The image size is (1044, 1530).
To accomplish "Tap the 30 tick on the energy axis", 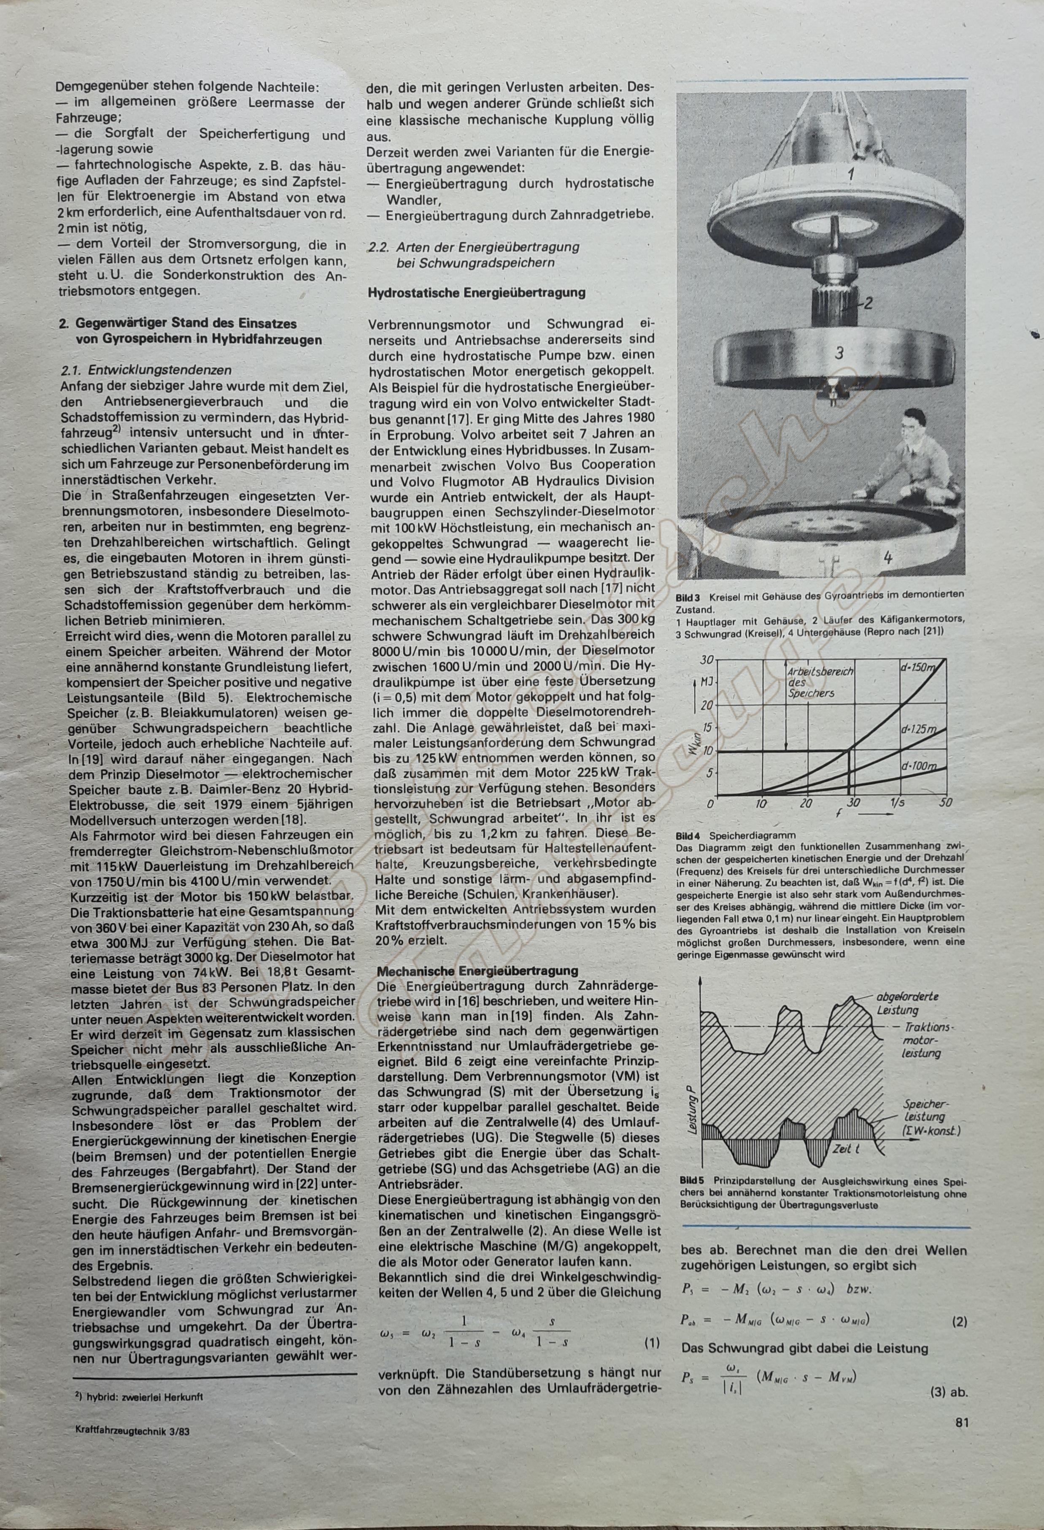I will (x=706, y=660).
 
